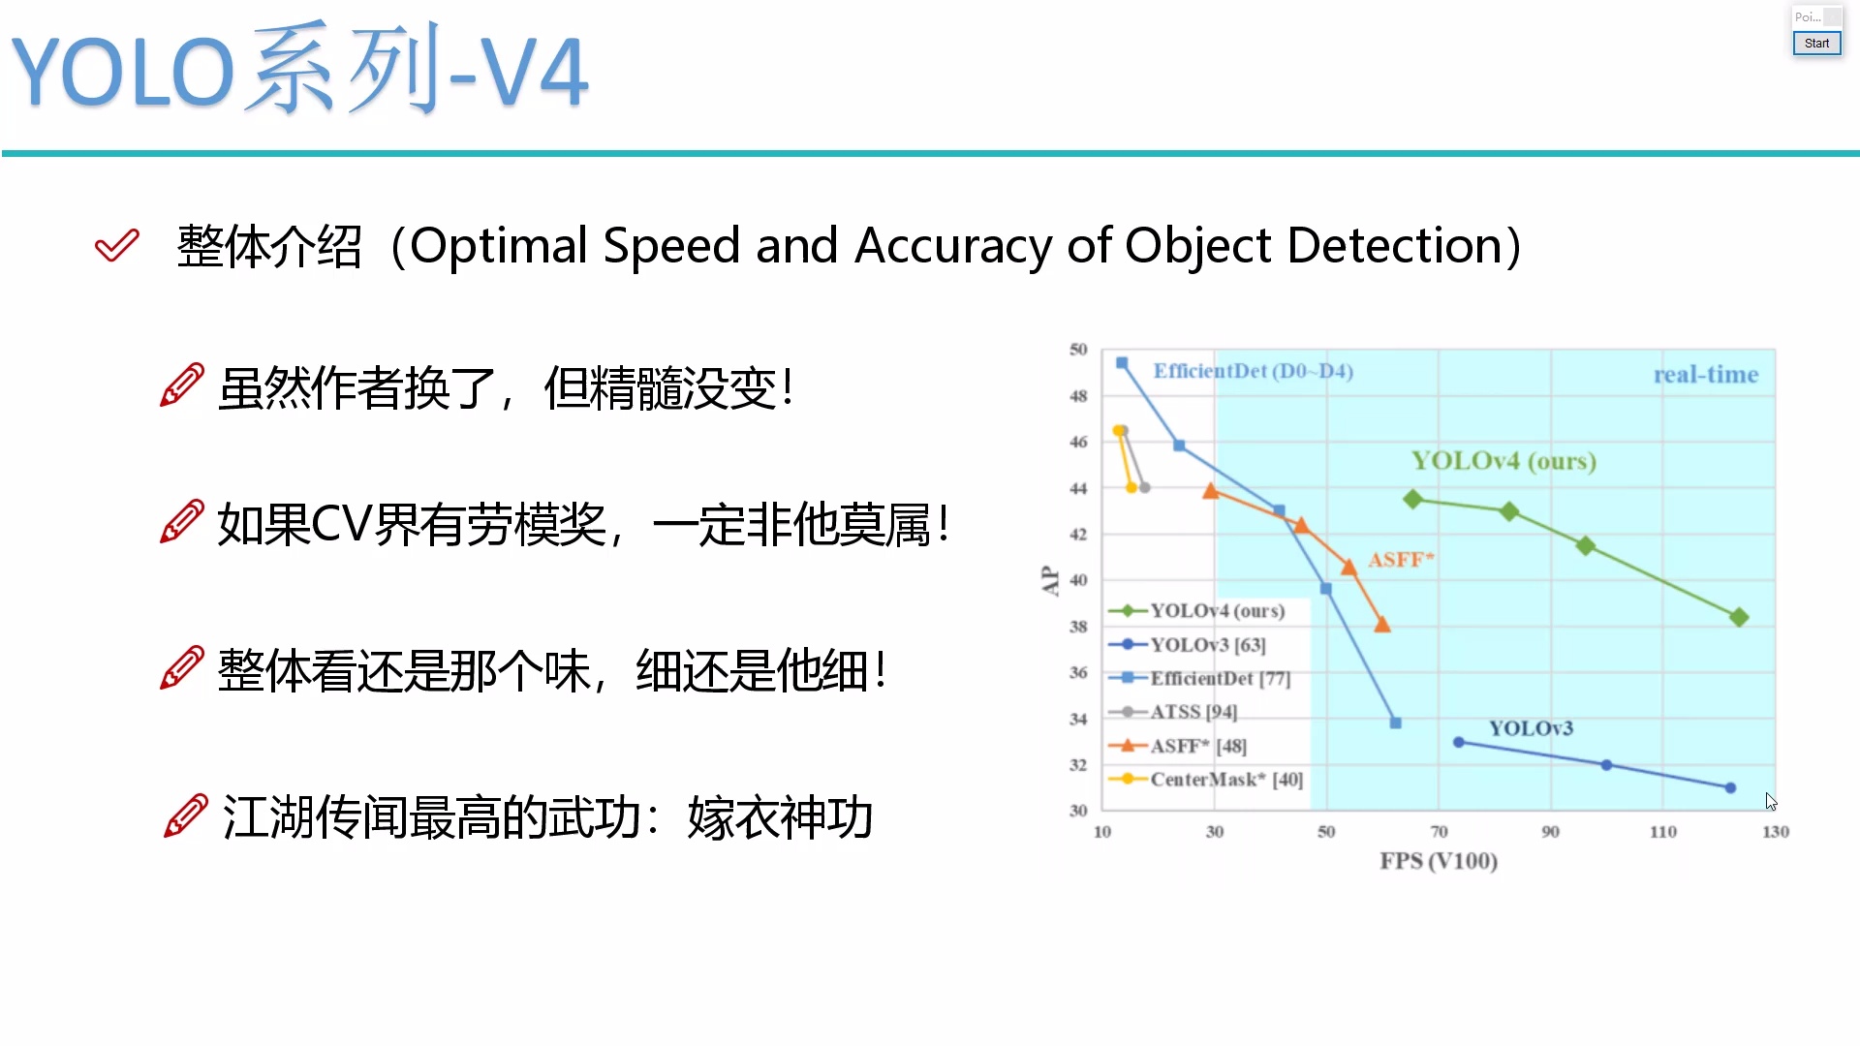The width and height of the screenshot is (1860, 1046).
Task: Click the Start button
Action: point(1816,44)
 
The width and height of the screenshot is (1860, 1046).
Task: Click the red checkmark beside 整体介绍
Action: point(117,245)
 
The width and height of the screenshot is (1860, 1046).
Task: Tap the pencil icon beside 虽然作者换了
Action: point(182,385)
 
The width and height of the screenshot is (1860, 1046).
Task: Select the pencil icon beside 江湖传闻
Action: point(186,815)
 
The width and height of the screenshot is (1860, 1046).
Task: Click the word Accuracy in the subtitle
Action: point(953,246)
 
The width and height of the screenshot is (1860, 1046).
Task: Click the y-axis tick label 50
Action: point(1078,350)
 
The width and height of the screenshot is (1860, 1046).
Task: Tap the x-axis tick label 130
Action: point(1776,832)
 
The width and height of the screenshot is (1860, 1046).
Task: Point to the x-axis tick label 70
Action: point(1440,832)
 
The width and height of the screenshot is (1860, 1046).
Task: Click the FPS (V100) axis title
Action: point(1439,861)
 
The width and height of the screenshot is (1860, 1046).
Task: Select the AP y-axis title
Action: point(1050,580)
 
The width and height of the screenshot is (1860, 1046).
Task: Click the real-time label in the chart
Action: point(1706,375)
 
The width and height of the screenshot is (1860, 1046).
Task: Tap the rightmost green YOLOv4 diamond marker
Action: point(1739,617)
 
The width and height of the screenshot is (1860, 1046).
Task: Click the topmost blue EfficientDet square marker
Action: point(1122,363)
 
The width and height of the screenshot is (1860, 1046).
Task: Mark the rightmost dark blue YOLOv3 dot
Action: point(1731,788)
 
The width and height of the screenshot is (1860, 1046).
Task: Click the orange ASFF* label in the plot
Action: point(1401,560)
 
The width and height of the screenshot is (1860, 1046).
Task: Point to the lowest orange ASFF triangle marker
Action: point(1382,626)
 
